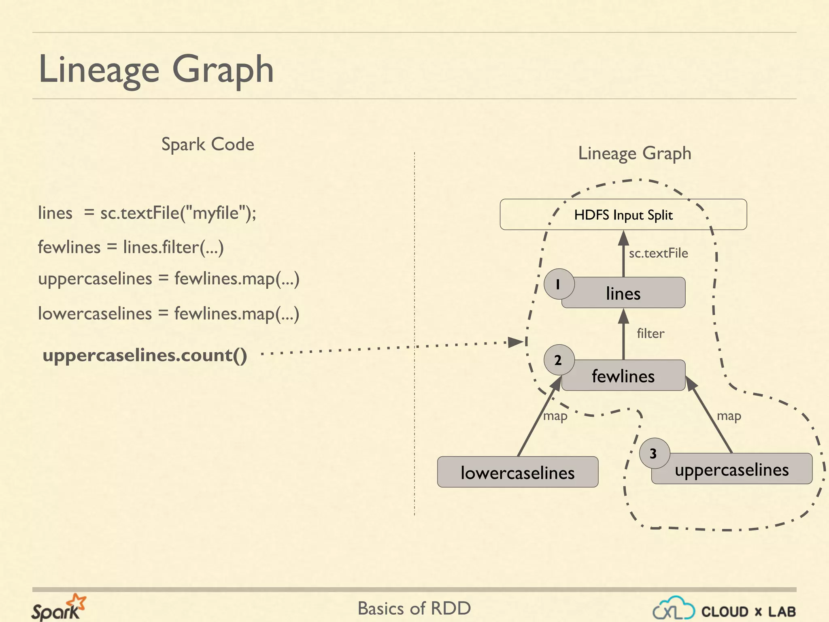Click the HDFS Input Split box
[x=623, y=215]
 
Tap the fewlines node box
[x=623, y=376]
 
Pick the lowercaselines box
[x=517, y=473]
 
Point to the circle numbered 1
[x=559, y=284]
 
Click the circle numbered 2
[x=559, y=360]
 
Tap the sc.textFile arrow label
[x=658, y=253]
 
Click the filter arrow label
[x=650, y=334]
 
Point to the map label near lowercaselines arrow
[x=555, y=416]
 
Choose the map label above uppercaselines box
[x=729, y=416]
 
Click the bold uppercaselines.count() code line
[x=145, y=355]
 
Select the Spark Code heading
[x=208, y=145]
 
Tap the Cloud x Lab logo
[x=724, y=610]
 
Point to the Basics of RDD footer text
[x=414, y=608]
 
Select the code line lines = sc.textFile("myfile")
[x=147, y=213]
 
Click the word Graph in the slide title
[x=223, y=70]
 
